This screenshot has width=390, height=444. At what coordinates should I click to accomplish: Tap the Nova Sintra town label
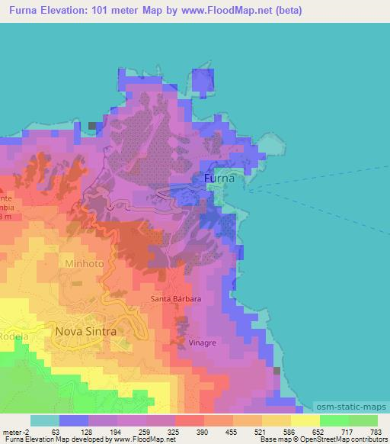tap(86, 331)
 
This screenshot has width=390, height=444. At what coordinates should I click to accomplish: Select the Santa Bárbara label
tap(176, 298)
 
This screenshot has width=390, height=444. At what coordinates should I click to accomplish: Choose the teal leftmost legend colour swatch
tap(45, 420)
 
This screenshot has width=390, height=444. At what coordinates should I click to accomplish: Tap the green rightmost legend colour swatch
tap(363, 420)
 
